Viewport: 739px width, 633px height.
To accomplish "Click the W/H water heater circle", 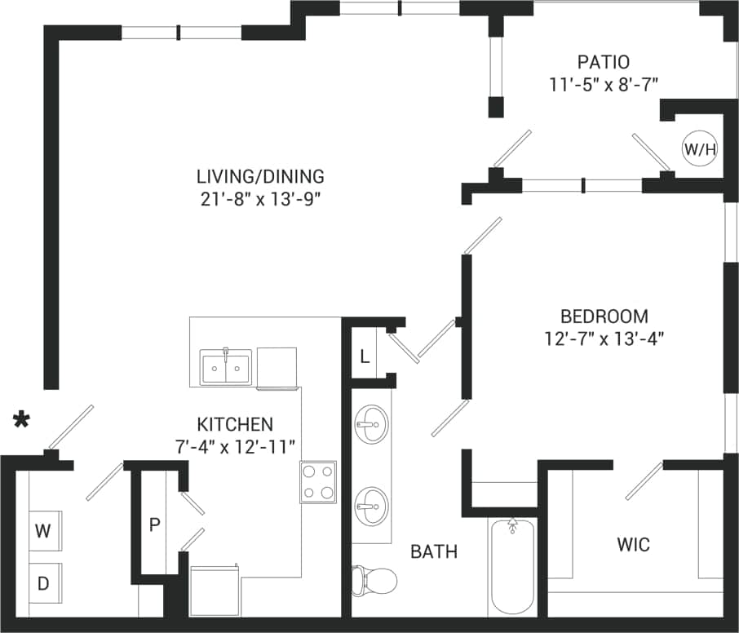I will [700, 149].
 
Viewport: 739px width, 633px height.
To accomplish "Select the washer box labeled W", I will [43, 531].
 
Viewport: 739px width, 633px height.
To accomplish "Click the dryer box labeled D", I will [43, 583].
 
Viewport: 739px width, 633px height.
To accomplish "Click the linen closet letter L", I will [364, 356].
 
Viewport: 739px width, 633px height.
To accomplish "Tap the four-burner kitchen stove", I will [318, 482].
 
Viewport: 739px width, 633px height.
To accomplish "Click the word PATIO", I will [604, 61].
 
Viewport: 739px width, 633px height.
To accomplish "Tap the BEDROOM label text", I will [604, 316].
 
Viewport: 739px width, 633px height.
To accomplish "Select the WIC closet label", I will [634, 544].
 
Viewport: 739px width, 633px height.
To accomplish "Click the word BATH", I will [434, 552].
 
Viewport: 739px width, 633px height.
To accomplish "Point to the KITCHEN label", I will [235, 424].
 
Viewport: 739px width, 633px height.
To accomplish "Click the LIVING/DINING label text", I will [260, 175].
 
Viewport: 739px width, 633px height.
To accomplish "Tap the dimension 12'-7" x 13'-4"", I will [604, 339].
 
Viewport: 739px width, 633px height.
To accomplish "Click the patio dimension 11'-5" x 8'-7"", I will [604, 83].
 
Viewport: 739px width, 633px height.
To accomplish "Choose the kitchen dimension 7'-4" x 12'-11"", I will [235, 447].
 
